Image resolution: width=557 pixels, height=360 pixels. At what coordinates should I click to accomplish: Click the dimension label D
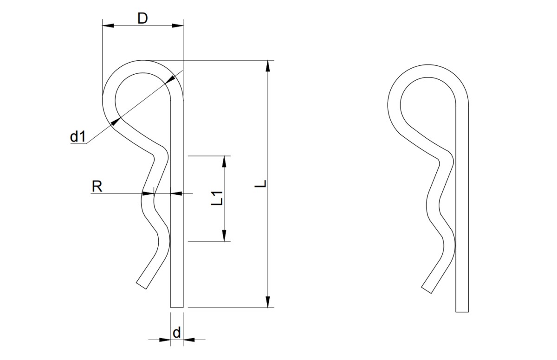tap(143, 19)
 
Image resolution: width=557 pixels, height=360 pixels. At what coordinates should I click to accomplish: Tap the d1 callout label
tap(78, 136)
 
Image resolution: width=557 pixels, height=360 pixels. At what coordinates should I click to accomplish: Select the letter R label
tap(97, 186)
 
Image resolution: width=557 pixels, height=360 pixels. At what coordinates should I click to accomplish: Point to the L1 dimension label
tap(217, 198)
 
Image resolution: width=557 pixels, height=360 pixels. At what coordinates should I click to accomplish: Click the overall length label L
tap(261, 184)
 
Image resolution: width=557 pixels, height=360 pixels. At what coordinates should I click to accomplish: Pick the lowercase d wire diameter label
tap(176, 333)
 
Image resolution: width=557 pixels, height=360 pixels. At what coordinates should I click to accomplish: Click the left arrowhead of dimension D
tap(108, 26)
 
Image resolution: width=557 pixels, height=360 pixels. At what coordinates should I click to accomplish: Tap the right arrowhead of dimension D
tap(177, 26)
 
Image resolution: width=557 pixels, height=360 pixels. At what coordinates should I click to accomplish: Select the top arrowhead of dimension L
tap(267, 66)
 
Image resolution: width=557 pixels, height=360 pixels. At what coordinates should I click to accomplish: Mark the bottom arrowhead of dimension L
tap(267, 302)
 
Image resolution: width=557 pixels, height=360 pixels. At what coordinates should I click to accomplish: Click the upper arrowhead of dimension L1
tap(224, 161)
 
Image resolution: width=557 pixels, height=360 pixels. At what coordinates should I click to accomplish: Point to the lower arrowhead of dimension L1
tap(224, 236)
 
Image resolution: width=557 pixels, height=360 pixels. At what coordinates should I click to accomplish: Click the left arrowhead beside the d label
tap(165, 340)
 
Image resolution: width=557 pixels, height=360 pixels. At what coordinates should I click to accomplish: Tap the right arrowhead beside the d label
tap(189, 340)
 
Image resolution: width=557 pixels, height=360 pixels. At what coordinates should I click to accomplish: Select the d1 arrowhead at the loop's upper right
tap(170, 79)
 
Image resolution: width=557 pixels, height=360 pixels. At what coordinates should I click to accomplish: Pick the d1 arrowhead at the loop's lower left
tap(116, 122)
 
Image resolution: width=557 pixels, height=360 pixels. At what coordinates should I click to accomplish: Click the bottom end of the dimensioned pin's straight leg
tap(177, 307)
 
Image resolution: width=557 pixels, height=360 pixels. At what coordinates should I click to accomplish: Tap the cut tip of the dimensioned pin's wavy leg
tap(141, 286)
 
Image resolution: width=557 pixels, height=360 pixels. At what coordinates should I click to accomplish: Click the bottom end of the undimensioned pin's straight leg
tap(462, 312)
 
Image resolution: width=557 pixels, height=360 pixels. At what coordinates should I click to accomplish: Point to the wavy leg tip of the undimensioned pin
tap(427, 290)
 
